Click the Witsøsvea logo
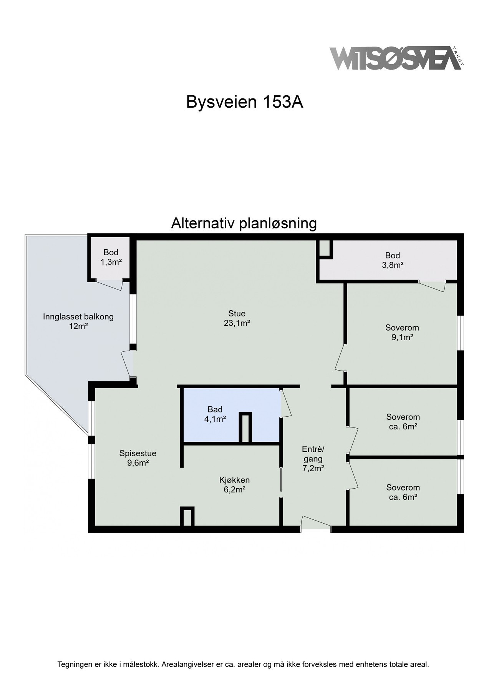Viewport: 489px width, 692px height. (396, 58)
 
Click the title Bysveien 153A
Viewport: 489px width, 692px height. (245, 102)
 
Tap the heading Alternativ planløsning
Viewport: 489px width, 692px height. (244, 223)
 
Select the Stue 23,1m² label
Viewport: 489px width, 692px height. (237, 318)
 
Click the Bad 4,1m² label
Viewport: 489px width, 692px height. (215, 414)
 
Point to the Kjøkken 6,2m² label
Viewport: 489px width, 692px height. (234, 484)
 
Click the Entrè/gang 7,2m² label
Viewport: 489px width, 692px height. (313, 458)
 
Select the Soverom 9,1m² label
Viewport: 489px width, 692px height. (402, 333)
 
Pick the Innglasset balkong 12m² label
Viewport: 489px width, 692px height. (78, 322)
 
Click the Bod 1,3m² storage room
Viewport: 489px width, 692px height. (111, 257)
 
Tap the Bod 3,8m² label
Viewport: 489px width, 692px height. (393, 260)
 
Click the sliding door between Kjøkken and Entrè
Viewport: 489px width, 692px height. (281, 479)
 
